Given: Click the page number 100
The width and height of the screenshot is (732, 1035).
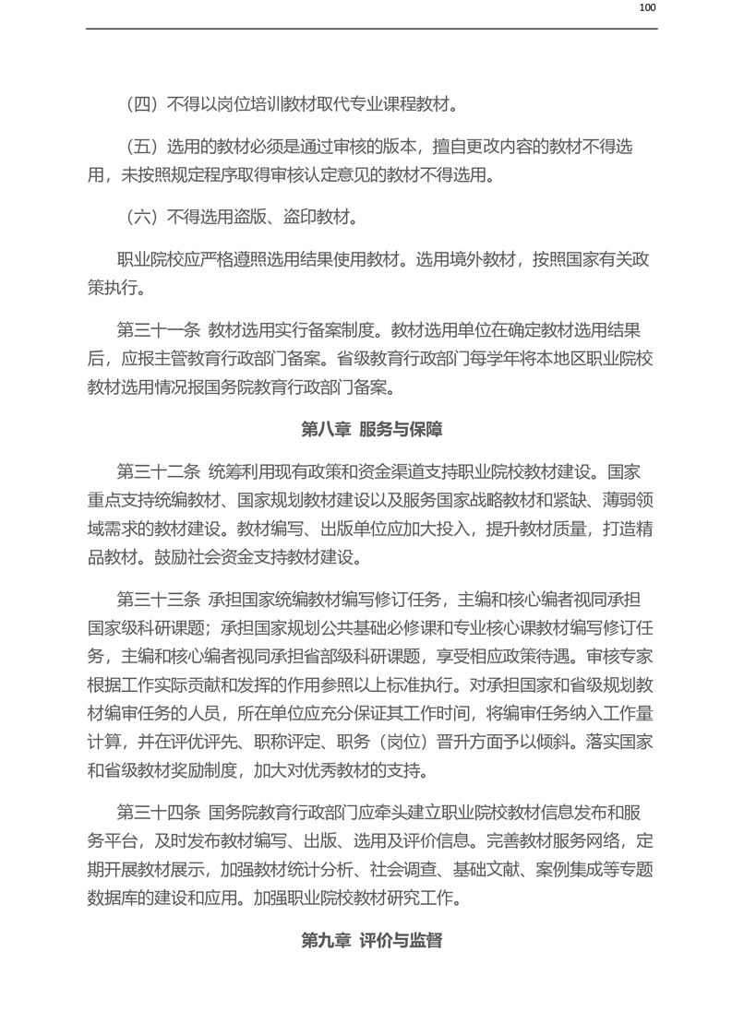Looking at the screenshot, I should [647, 8].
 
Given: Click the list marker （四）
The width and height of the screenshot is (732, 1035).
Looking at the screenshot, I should [143, 104].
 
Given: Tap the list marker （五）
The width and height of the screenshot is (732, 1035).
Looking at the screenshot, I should [143, 147].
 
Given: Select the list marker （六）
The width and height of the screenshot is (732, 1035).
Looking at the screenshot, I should [143, 217].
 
